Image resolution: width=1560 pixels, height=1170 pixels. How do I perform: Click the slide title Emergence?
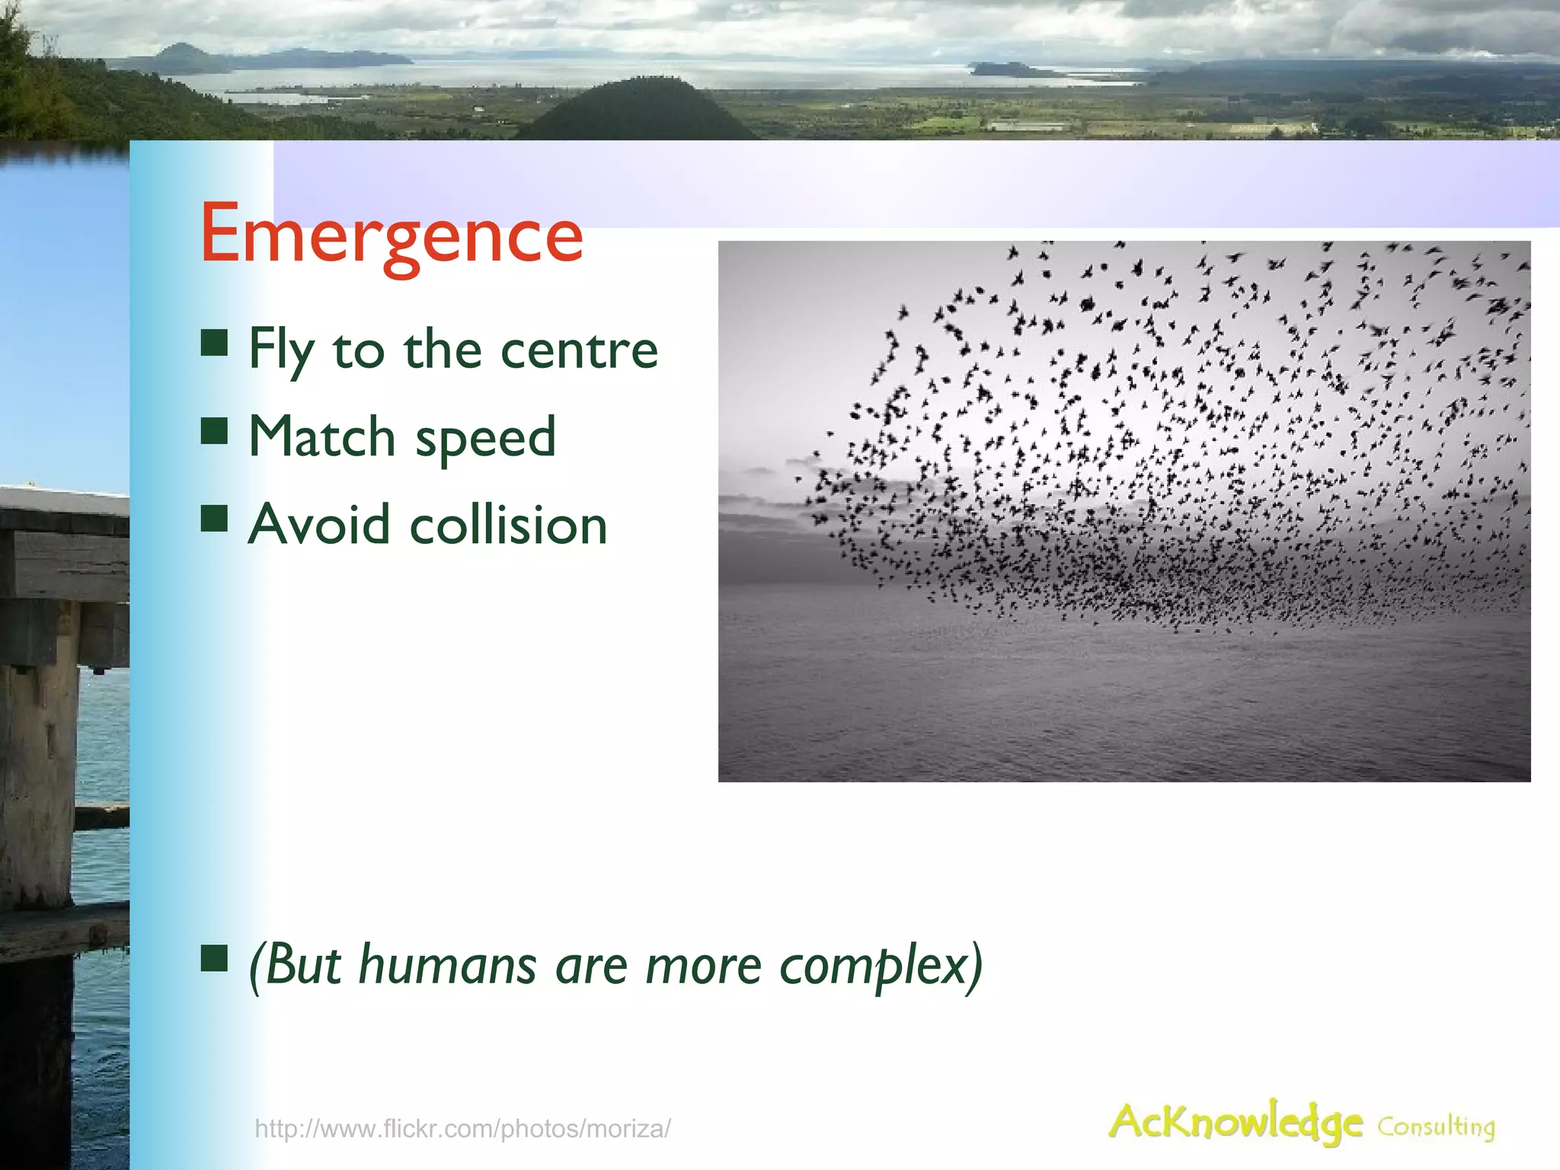(x=391, y=234)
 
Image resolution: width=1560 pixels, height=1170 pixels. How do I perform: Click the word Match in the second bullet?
(x=321, y=437)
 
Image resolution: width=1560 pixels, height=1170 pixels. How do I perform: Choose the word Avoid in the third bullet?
(x=320, y=525)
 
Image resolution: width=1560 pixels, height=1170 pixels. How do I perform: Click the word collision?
(x=508, y=525)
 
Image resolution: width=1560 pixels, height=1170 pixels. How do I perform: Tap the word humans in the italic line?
(x=448, y=965)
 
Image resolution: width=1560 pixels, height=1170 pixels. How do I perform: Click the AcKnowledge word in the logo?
(x=1235, y=1123)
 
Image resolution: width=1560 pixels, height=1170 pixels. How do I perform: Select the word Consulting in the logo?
(x=1436, y=1126)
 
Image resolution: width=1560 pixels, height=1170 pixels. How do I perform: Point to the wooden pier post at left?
(x=38, y=762)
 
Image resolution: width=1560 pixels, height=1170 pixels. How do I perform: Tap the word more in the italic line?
(x=703, y=965)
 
